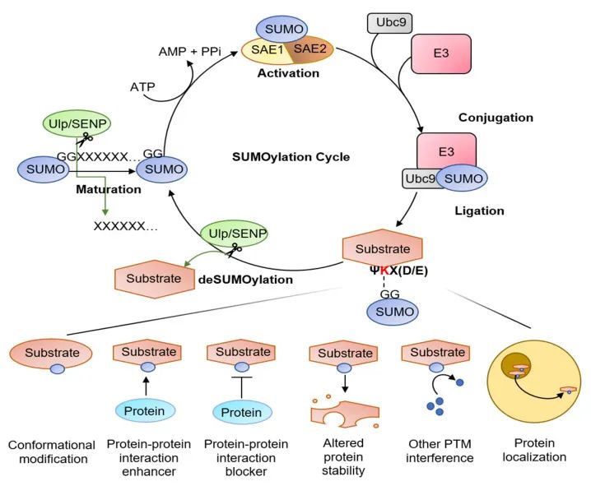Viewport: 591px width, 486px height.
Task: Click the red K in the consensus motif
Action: (x=384, y=268)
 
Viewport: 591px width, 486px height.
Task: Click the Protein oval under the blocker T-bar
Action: (x=244, y=411)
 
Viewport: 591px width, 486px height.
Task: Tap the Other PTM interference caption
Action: (x=434, y=451)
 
